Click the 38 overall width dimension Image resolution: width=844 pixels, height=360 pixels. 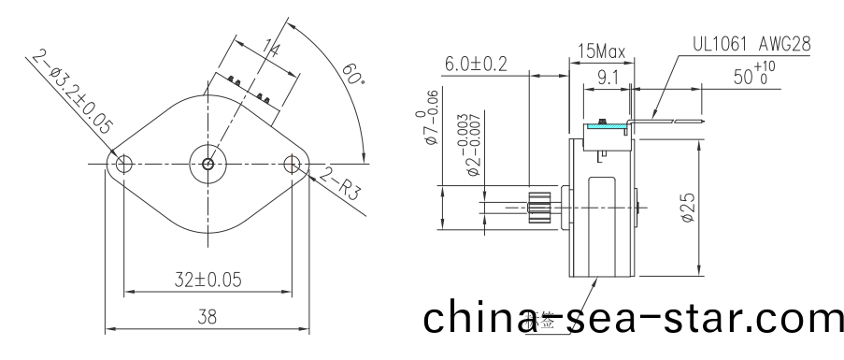(207, 317)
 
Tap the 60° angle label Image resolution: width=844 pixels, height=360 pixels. (353, 75)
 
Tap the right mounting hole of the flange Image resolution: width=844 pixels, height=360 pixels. (293, 165)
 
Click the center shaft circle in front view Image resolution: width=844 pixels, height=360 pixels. (207, 164)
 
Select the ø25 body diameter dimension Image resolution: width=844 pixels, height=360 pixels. (687, 206)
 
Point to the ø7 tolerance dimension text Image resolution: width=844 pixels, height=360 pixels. (431, 117)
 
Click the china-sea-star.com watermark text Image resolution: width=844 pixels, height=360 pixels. (633, 318)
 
